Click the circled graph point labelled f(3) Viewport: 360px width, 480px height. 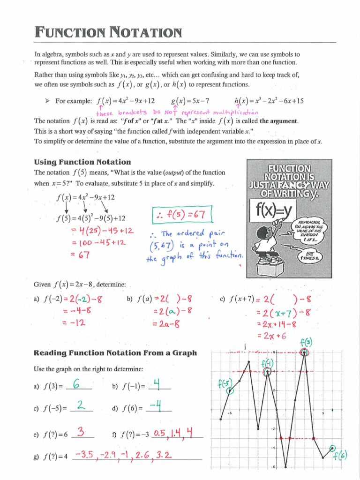click(305, 352)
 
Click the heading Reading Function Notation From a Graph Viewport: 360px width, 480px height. click(115, 353)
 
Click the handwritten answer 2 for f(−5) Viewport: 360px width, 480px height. click(81, 406)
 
